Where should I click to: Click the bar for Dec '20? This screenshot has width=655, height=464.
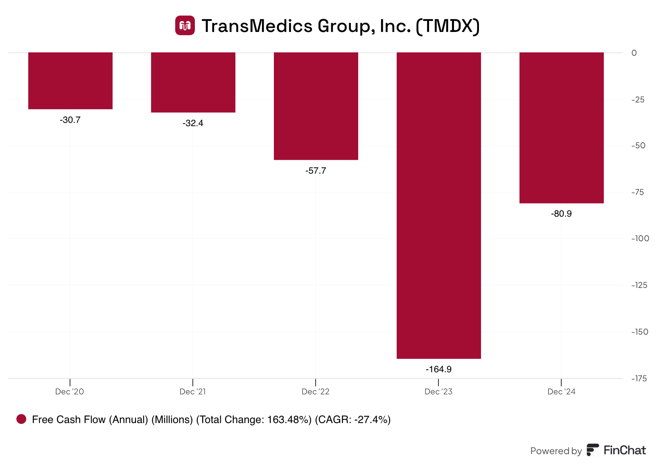coord(70,81)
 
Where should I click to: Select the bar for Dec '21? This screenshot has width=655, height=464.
coord(193,82)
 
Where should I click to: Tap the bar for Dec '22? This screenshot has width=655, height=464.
coord(316,106)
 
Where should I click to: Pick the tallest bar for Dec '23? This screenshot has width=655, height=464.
coord(439,206)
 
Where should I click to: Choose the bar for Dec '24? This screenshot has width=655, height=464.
coord(562,128)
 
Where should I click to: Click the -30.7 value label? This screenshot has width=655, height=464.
coord(70,120)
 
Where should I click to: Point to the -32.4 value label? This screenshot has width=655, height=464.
coord(193,123)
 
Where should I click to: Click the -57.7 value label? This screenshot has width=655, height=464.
coord(316,171)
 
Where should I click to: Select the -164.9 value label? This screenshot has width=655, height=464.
coord(439,369)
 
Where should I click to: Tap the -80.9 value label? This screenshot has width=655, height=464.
coord(562,214)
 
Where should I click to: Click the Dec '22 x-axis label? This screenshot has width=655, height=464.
coord(316,392)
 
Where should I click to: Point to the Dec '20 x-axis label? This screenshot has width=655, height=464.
coord(70,392)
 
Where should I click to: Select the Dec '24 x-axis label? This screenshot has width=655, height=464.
coord(561,392)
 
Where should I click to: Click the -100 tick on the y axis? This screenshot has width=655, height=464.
coord(640,239)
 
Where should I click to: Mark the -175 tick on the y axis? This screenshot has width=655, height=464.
coord(639,379)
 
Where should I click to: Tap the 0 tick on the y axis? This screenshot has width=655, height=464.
coord(634,53)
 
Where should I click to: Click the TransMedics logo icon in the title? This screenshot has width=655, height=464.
coord(185,25)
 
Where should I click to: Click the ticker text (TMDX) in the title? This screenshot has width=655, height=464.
coord(447,26)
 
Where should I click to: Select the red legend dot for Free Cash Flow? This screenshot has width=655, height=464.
coord(21,419)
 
